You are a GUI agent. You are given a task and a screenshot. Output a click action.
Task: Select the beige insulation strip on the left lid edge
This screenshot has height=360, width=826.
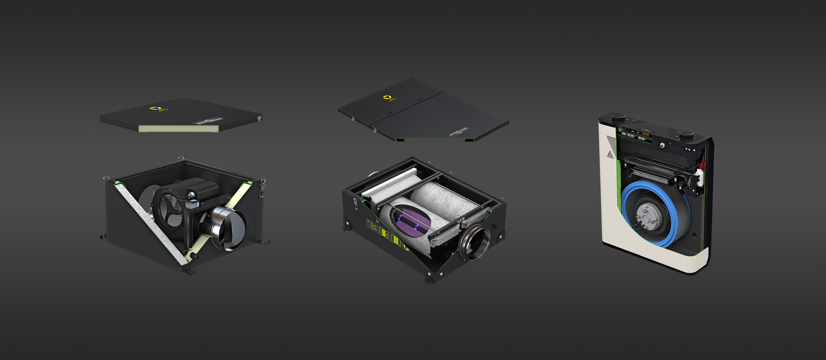coord(178,128)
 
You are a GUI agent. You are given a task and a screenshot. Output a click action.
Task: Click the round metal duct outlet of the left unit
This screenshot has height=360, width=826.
coord(229,228)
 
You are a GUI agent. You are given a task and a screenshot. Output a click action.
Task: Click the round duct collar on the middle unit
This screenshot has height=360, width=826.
coord(475,242)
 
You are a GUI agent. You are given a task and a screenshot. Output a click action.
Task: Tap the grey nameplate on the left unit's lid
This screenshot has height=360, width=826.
coord(208,121)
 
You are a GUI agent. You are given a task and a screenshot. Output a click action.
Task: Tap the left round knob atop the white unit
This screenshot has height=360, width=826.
coord(619,118)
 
